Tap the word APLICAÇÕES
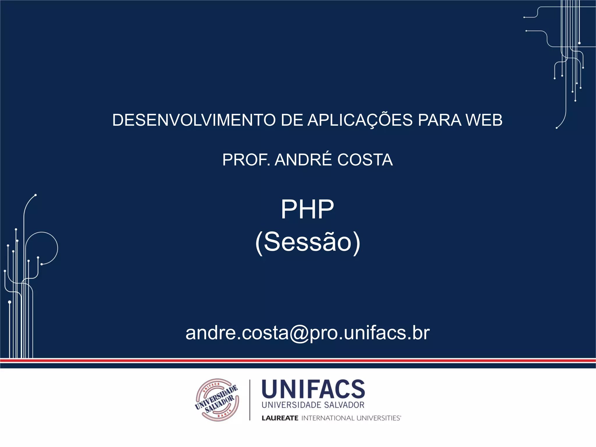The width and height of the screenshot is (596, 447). (x=360, y=120)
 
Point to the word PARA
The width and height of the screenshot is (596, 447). (x=439, y=120)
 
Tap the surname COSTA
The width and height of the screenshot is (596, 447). (x=365, y=160)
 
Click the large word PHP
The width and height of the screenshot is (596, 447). (x=307, y=209)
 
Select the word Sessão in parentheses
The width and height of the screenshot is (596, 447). (x=308, y=242)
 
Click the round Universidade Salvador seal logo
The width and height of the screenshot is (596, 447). (x=217, y=400)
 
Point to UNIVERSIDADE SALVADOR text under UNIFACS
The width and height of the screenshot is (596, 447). (x=313, y=405)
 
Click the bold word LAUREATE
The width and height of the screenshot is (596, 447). (x=280, y=418)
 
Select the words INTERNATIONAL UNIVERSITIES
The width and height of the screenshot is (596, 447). (x=351, y=418)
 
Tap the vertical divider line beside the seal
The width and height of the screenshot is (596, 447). (x=250, y=400)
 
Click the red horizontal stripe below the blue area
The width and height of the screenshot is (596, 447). (x=298, y=361)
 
